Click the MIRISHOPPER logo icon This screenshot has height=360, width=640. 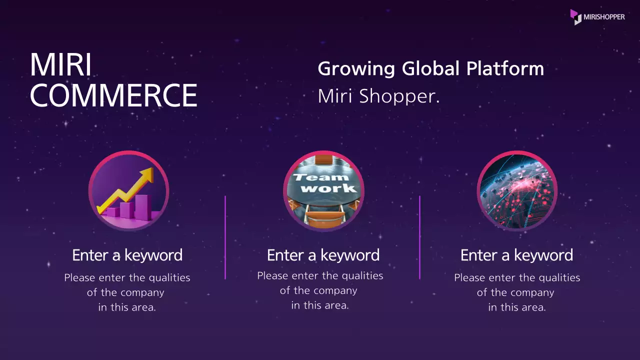point(576,16)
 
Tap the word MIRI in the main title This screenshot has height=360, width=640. point(60,65)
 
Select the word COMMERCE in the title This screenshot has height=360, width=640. point(113,95)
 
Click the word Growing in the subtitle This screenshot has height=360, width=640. point(356,68)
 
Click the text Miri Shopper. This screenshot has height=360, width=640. point(378,96)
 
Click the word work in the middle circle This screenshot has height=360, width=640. point(329,188)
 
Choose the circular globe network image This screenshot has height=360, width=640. point(517,190)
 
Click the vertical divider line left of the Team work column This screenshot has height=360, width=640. point(225,237)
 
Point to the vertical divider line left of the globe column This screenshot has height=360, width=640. point(419,237)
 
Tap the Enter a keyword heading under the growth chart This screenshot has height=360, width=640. point(127,255)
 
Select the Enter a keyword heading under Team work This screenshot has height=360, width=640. point(323,255)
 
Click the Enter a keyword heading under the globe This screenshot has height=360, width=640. point(516,255)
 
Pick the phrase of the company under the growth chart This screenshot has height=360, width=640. point(125,292)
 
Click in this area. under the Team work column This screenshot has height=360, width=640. point(320,305)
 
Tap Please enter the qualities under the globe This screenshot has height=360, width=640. point(517,277)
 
